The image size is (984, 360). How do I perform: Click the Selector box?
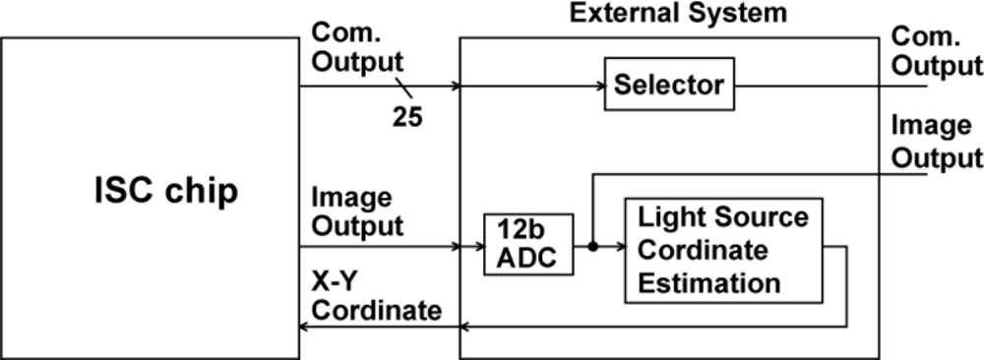(668, 86)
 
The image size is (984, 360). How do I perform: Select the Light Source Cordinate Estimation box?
(723, 250)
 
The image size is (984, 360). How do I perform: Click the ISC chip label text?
(159, 191)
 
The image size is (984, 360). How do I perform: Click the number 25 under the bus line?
(406, 117)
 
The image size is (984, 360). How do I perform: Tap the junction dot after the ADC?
(592, 246)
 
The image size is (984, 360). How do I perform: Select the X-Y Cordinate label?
(375, 297)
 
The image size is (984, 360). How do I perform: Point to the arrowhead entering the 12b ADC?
(476, 246)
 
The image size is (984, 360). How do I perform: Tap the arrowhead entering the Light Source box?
(619, 246)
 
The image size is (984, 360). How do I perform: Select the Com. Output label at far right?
(935, 50)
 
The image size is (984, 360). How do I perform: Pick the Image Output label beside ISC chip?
(355, 210)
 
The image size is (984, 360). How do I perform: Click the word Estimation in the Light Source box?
(708, 283)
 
